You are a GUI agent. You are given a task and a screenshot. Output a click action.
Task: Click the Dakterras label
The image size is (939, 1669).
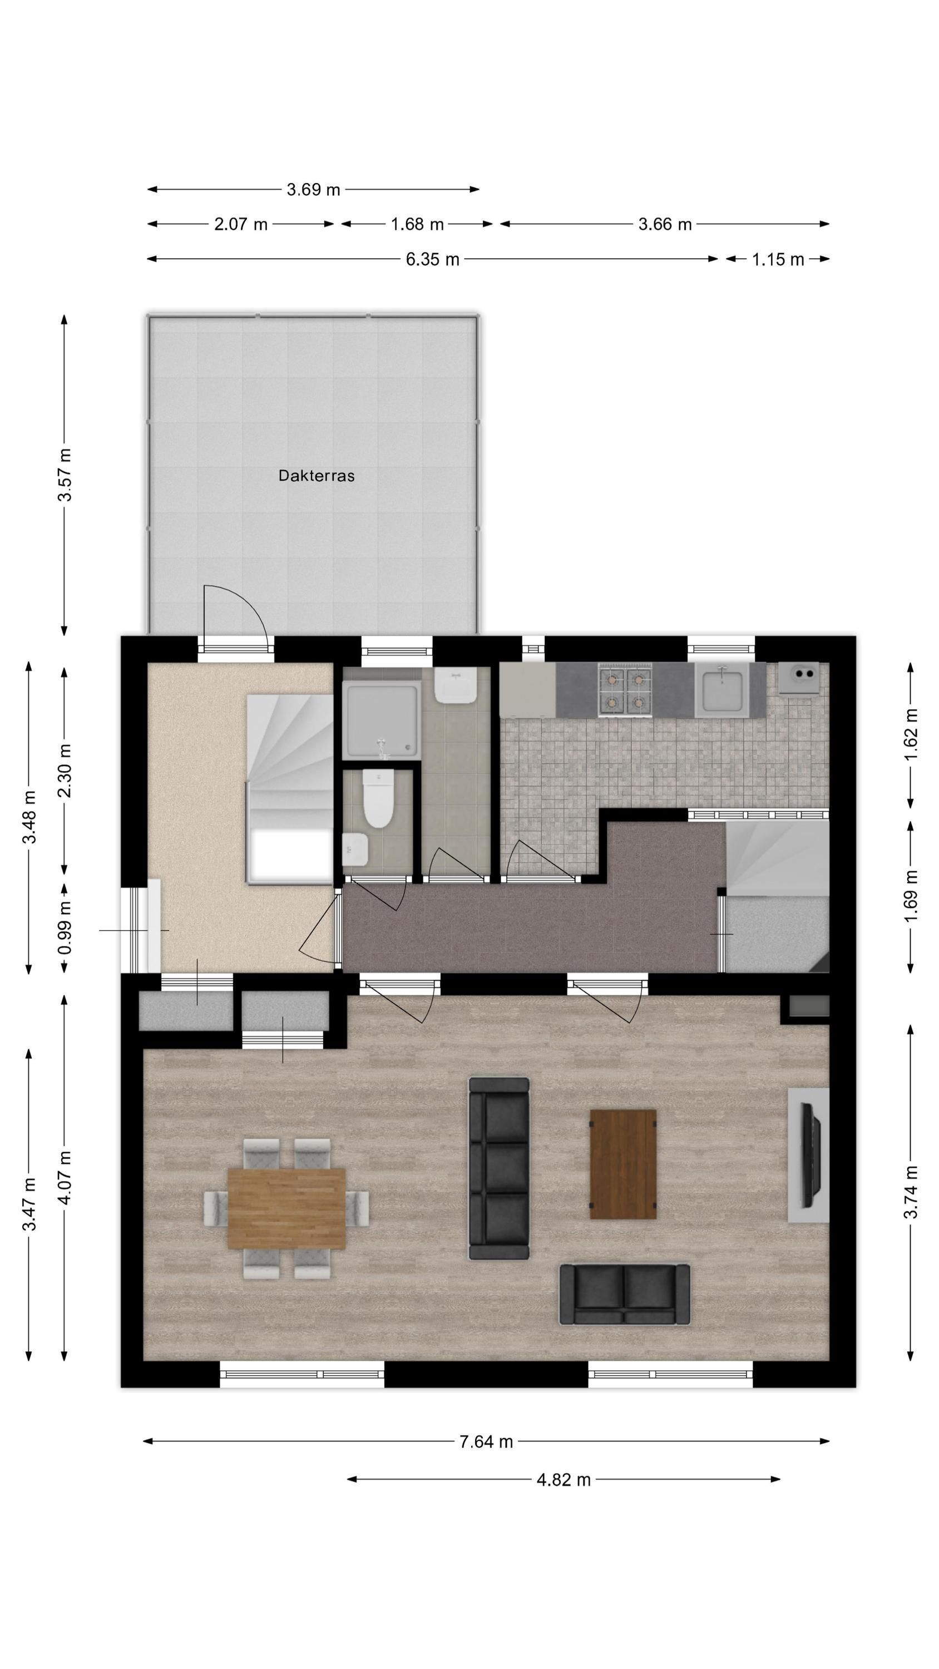316,476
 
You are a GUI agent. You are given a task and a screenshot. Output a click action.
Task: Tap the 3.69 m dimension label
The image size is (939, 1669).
313,189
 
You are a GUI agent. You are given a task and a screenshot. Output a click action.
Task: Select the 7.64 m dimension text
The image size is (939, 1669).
486,1441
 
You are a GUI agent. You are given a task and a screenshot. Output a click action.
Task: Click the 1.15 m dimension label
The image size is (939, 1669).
778,259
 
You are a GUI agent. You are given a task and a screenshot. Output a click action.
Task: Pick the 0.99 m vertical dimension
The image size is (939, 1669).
65,930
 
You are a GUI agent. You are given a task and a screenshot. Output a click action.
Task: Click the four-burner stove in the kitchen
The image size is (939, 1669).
624,689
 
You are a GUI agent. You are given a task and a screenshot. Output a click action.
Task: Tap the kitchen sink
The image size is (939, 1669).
721,690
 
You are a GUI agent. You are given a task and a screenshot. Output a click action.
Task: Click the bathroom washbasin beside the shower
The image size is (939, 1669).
456,685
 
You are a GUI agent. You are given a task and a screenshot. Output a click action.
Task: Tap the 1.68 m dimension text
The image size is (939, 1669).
417,224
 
